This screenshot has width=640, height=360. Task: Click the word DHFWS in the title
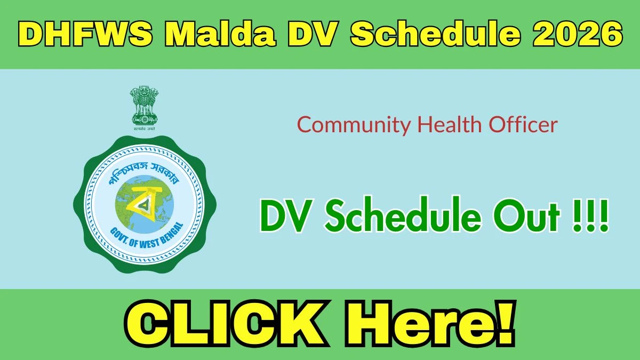click(x=85, y=34)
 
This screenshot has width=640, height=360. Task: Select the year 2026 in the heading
click(x=578, y=34)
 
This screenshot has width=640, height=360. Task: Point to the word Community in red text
click(x=354, y=125)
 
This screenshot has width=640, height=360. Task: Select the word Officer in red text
click(x=523, y=124)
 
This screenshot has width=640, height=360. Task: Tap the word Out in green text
click(x=526, y=215)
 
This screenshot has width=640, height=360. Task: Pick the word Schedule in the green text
click(x=403, y=214)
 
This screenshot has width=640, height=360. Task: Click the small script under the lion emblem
click(x=144, y=129)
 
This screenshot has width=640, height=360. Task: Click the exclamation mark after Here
click(x=507, y=323)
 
